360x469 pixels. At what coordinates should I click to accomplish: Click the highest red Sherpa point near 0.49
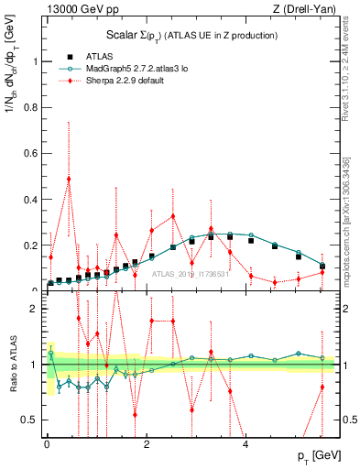[69, 179]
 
